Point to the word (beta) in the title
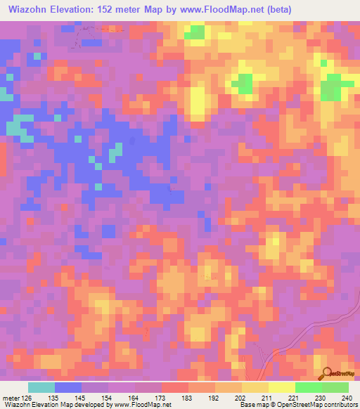point(273,9)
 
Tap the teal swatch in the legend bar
point(41,387)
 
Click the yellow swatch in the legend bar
point(282,387)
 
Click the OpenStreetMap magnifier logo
point(325,374)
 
